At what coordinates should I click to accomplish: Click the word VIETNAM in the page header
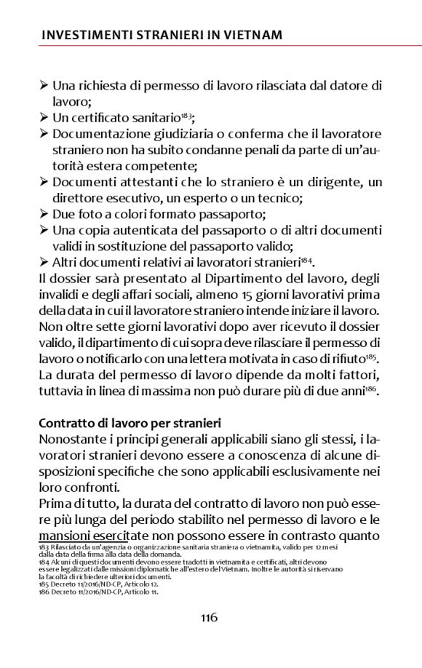[253, 35]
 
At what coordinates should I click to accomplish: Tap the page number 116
[210, 618]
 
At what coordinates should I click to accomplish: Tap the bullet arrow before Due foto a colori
[44, 214]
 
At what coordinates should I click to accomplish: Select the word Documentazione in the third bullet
[99, 133]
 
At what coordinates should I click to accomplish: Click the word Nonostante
[74, 440]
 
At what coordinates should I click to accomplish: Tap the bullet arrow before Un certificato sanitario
[44, 117]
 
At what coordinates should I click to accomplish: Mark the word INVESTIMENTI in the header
[86, 35]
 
